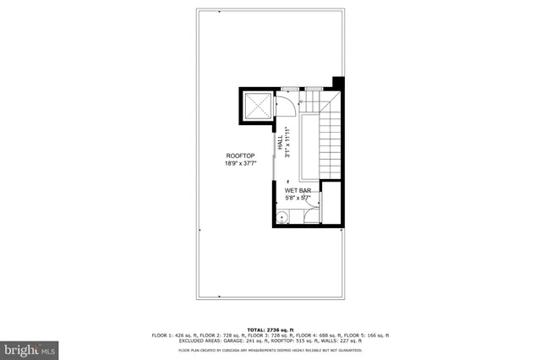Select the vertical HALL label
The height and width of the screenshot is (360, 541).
tap(280, 143)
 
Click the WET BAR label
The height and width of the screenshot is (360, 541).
tap(298, 191)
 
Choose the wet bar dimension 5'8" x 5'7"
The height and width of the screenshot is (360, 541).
tap(298, 199)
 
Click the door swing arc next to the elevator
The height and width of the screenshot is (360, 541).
tap(285, 103)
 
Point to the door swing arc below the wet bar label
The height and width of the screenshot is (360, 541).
tap(311, 212)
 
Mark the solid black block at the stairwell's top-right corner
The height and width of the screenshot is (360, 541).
tap(338, 82)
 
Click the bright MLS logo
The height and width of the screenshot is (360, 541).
tap(30, 347)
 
